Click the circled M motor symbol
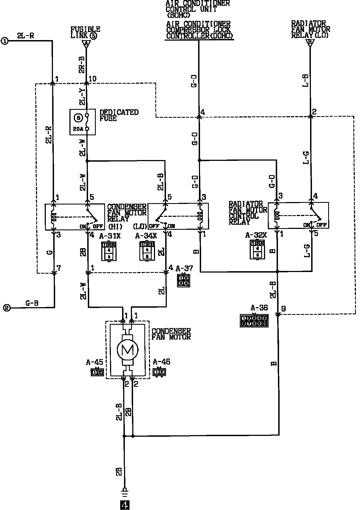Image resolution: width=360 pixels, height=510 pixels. [x=128, y=350]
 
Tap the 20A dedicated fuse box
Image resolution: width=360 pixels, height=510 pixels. [x=83, y=122]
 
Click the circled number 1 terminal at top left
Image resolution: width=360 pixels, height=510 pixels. [x=5, y=41]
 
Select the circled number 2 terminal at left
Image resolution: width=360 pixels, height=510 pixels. [x=7, y=308]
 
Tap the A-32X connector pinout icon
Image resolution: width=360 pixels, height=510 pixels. [x=257, y=249]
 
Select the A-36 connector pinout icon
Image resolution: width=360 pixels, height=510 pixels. [x=254, y=321]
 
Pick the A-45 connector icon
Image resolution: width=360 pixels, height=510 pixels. [x=97, y=372]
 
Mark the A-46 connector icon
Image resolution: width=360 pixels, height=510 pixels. [x=159, y=372]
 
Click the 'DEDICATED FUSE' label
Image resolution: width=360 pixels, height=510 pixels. [x=119, y=116]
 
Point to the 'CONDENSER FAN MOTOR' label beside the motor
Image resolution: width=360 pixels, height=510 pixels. [x=171, y=334]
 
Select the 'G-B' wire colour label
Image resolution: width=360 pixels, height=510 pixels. [x=32, y=303]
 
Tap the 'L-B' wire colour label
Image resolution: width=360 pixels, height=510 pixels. [x=306, y=81]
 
